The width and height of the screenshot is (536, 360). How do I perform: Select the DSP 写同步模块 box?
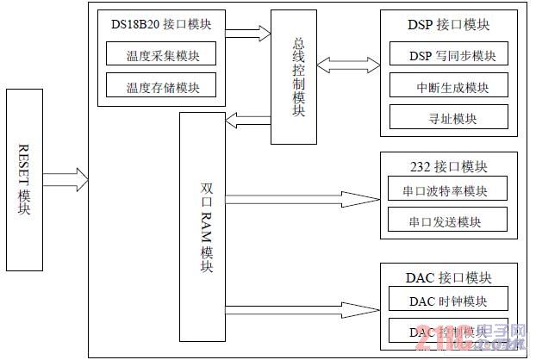448,57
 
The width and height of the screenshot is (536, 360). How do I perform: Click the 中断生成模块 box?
448,87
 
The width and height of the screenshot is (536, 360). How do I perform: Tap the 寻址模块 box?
448,117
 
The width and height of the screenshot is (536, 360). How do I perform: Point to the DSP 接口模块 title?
448,25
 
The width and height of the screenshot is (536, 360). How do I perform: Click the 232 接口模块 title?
448,166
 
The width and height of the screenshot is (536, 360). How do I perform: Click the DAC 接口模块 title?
448,277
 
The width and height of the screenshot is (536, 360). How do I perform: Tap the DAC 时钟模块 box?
448,301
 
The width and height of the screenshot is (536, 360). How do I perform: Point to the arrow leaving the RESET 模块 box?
65,180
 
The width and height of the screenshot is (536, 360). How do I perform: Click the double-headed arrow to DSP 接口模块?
347,65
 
